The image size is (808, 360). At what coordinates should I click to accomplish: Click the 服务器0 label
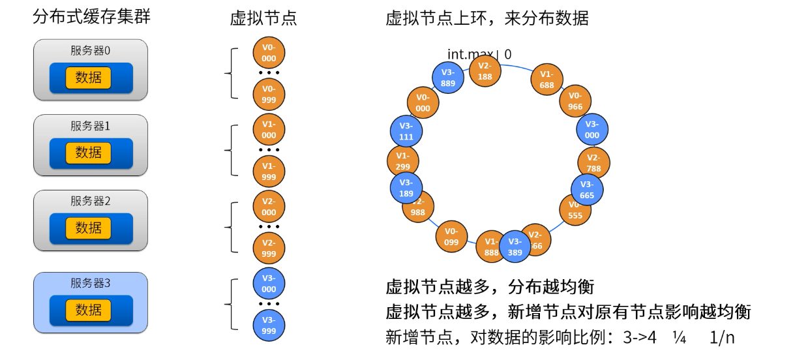[91, 50]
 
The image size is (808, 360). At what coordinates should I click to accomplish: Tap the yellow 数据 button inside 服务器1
[89, 153]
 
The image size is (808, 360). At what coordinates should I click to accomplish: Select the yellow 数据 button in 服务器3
[89, 310]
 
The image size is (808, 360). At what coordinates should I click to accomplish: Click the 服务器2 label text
[91, 201]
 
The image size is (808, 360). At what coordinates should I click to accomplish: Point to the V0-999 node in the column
[269, 94]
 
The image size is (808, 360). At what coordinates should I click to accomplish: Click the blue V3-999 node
[269, 325]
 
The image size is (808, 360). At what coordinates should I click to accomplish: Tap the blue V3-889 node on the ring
[448, 78]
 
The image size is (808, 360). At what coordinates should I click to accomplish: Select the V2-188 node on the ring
[485, 71]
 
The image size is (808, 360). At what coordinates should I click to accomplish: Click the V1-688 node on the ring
[546, 80]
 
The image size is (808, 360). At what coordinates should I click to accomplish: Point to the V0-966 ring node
[575, 101]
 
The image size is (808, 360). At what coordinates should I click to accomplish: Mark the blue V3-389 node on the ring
[515, 247]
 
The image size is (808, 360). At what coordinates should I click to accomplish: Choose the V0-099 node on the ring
[451, 236]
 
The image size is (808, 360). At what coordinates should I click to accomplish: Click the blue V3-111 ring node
[406, 131]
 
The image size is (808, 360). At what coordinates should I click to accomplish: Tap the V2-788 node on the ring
[593, 163]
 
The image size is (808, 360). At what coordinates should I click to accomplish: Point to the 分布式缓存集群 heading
[91, 17]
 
